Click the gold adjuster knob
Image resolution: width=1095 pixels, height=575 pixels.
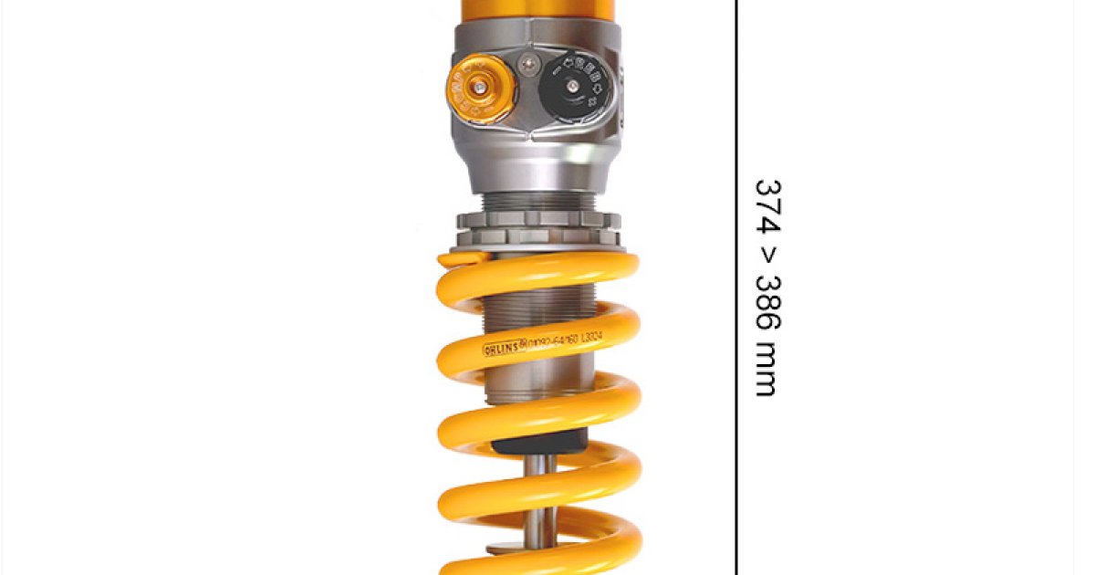tap(480, 89)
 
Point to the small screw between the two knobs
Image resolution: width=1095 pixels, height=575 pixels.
tap(527, 64)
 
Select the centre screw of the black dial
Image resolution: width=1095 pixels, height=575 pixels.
tap(572, 87)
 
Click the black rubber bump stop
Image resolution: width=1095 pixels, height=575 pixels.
tap(538, 444)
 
